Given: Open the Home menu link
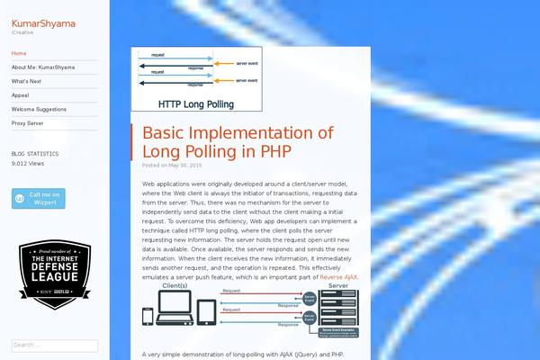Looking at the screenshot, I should (19, 53).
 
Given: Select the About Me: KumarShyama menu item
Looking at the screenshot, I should (43, 67).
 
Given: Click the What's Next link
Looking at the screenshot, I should (26, 81).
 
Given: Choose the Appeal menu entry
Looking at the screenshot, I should (20, 94).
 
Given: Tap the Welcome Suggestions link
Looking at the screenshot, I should (39, 109).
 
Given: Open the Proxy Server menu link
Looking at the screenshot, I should (27, 122).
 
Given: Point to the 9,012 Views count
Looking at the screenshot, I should (28, 164).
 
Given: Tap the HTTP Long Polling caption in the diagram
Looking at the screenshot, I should (196, 103).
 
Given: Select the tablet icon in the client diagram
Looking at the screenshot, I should (206, 311).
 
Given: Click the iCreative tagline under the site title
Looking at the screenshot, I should (22, 33).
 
